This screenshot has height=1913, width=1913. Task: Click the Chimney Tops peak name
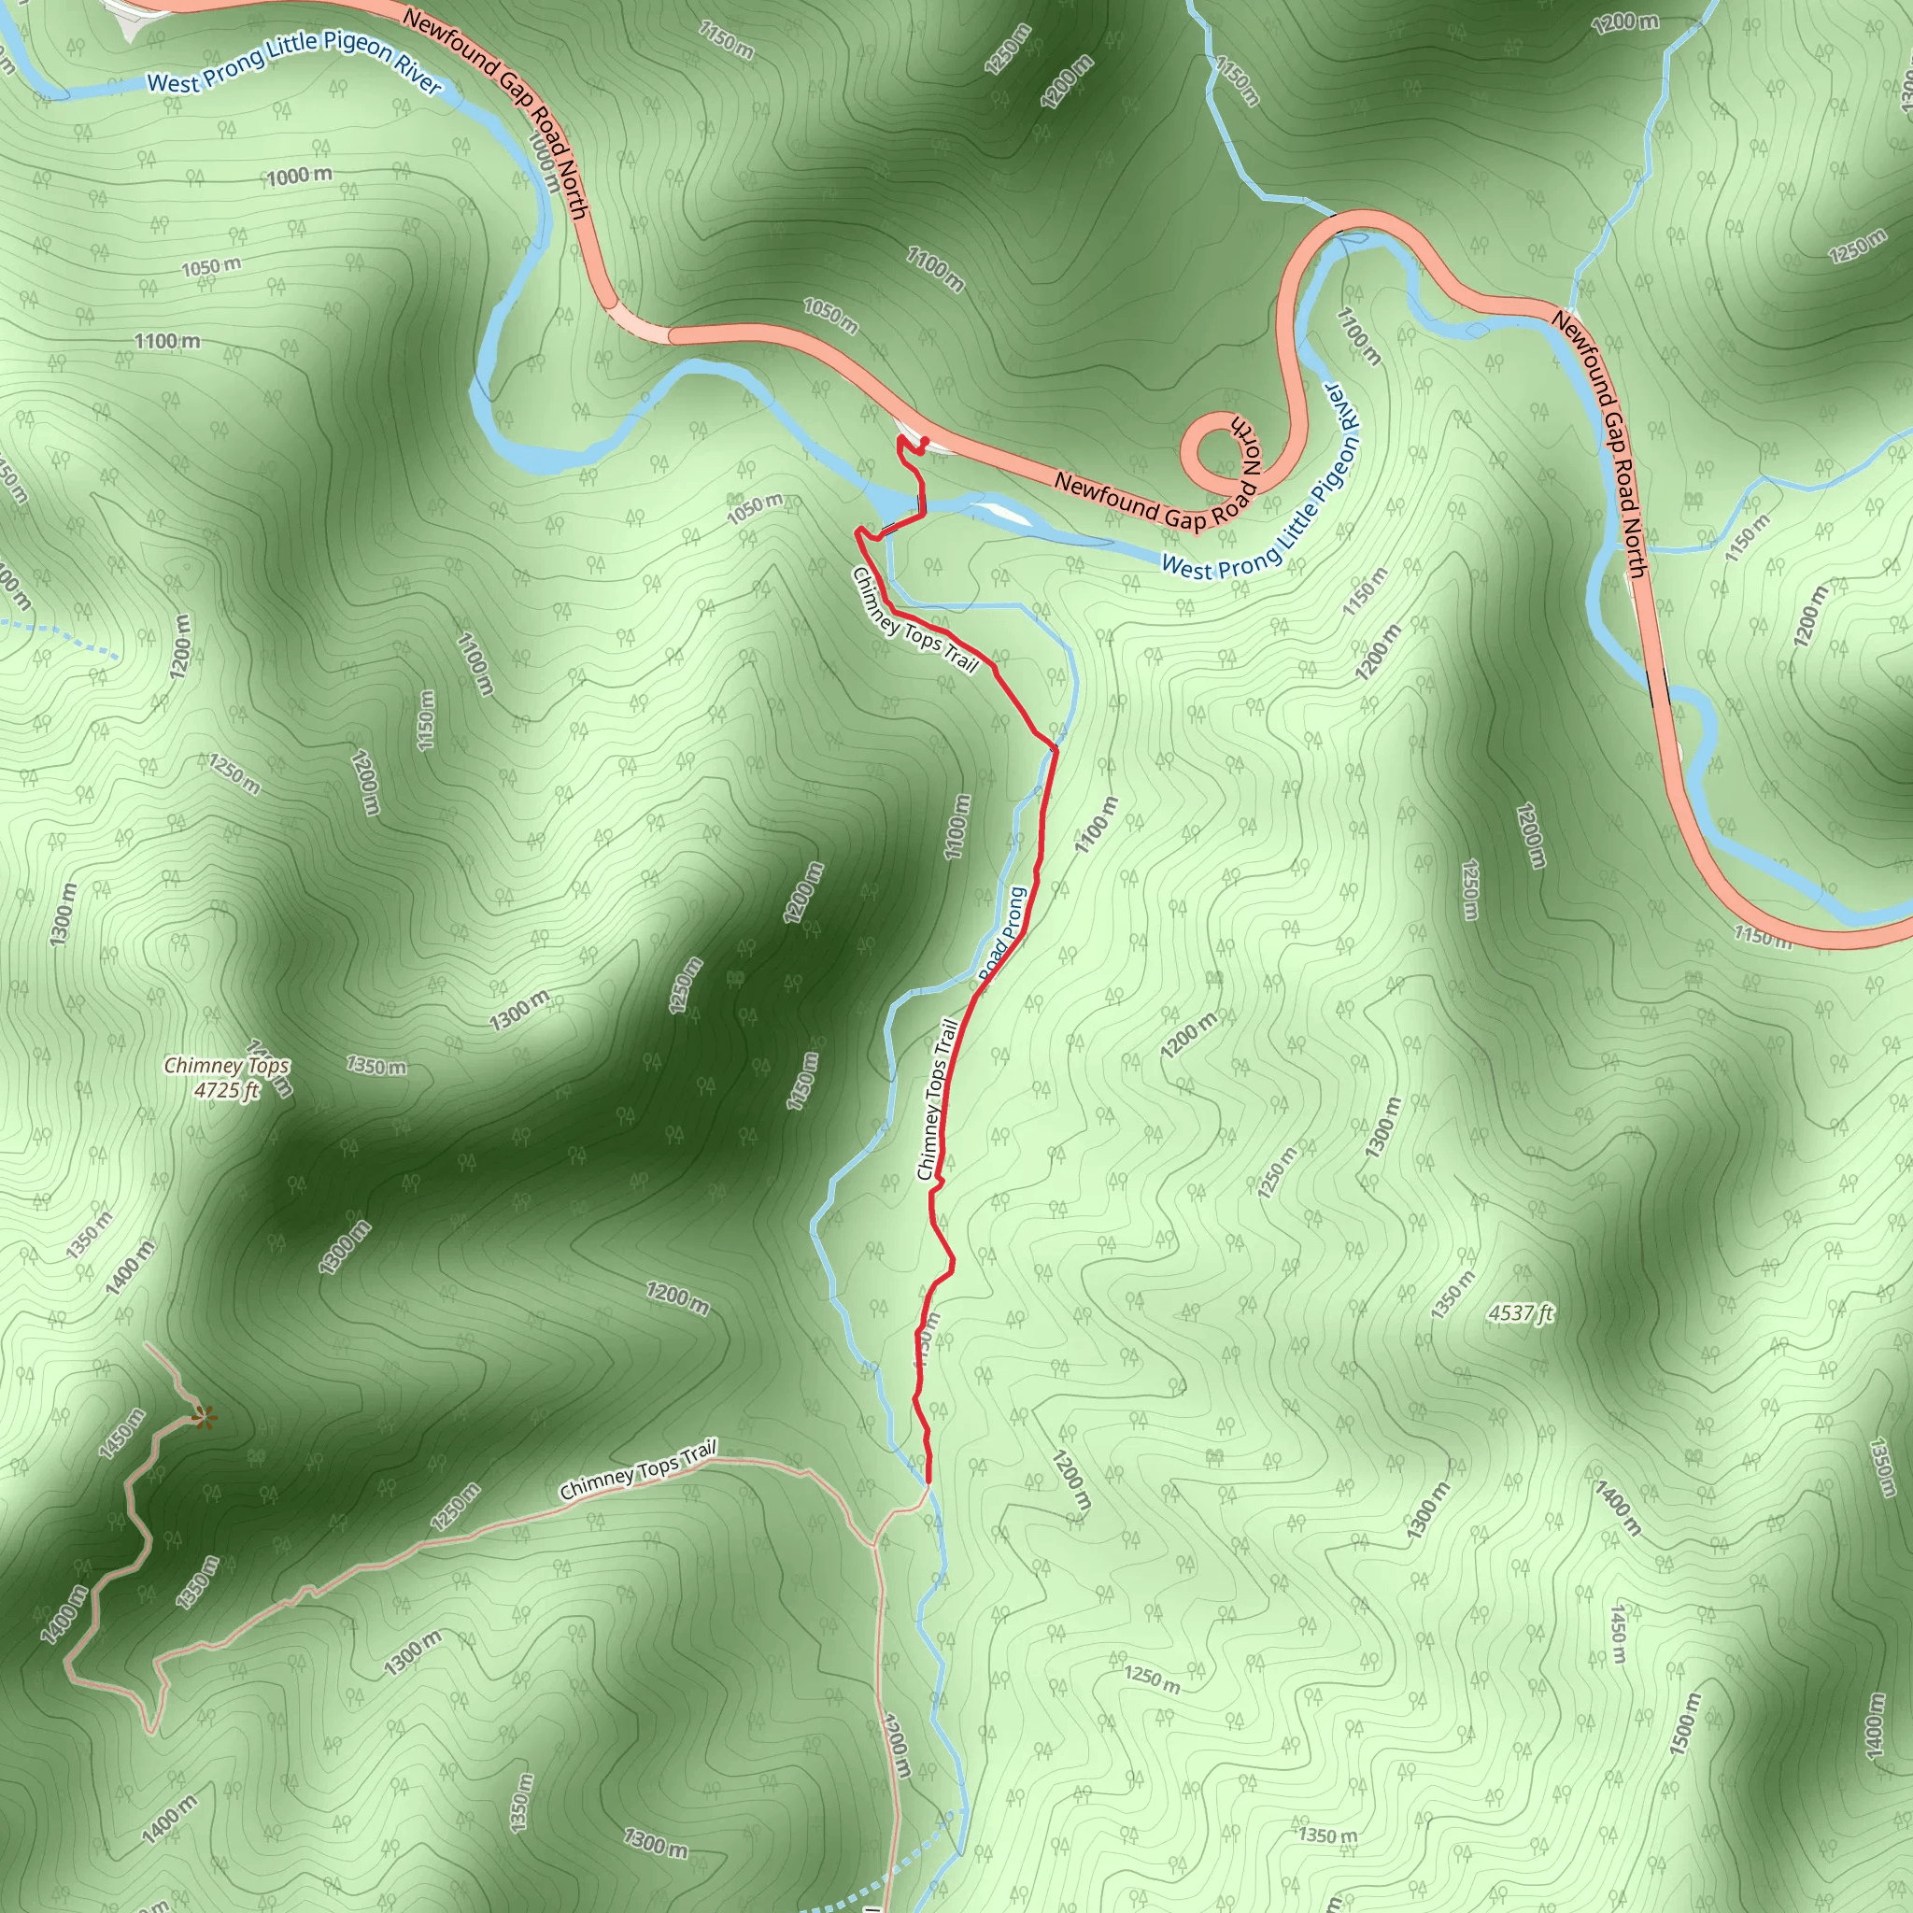pyautogui.click(x=227, y=1067)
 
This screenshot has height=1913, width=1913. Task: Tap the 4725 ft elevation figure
pyautogui.click(x=227, y=1090)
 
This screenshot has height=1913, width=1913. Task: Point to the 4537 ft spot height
pyautogui.click(x=1521, y=1313)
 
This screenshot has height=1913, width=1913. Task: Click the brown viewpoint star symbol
pyautogui.click(x=204, y=1419)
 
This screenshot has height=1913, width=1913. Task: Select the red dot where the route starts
pyautogui.click(x=924, y=442)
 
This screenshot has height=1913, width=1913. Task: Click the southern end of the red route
pyautogui.click(x=928, y=1482)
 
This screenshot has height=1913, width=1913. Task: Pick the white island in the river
pyautogui.click(x=1002, y=513)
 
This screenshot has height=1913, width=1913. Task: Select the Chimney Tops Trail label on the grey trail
pyautogui.click(x=638, y=1470)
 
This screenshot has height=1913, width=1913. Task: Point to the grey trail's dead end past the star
pyautogui.click(x=146, y=1345)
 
